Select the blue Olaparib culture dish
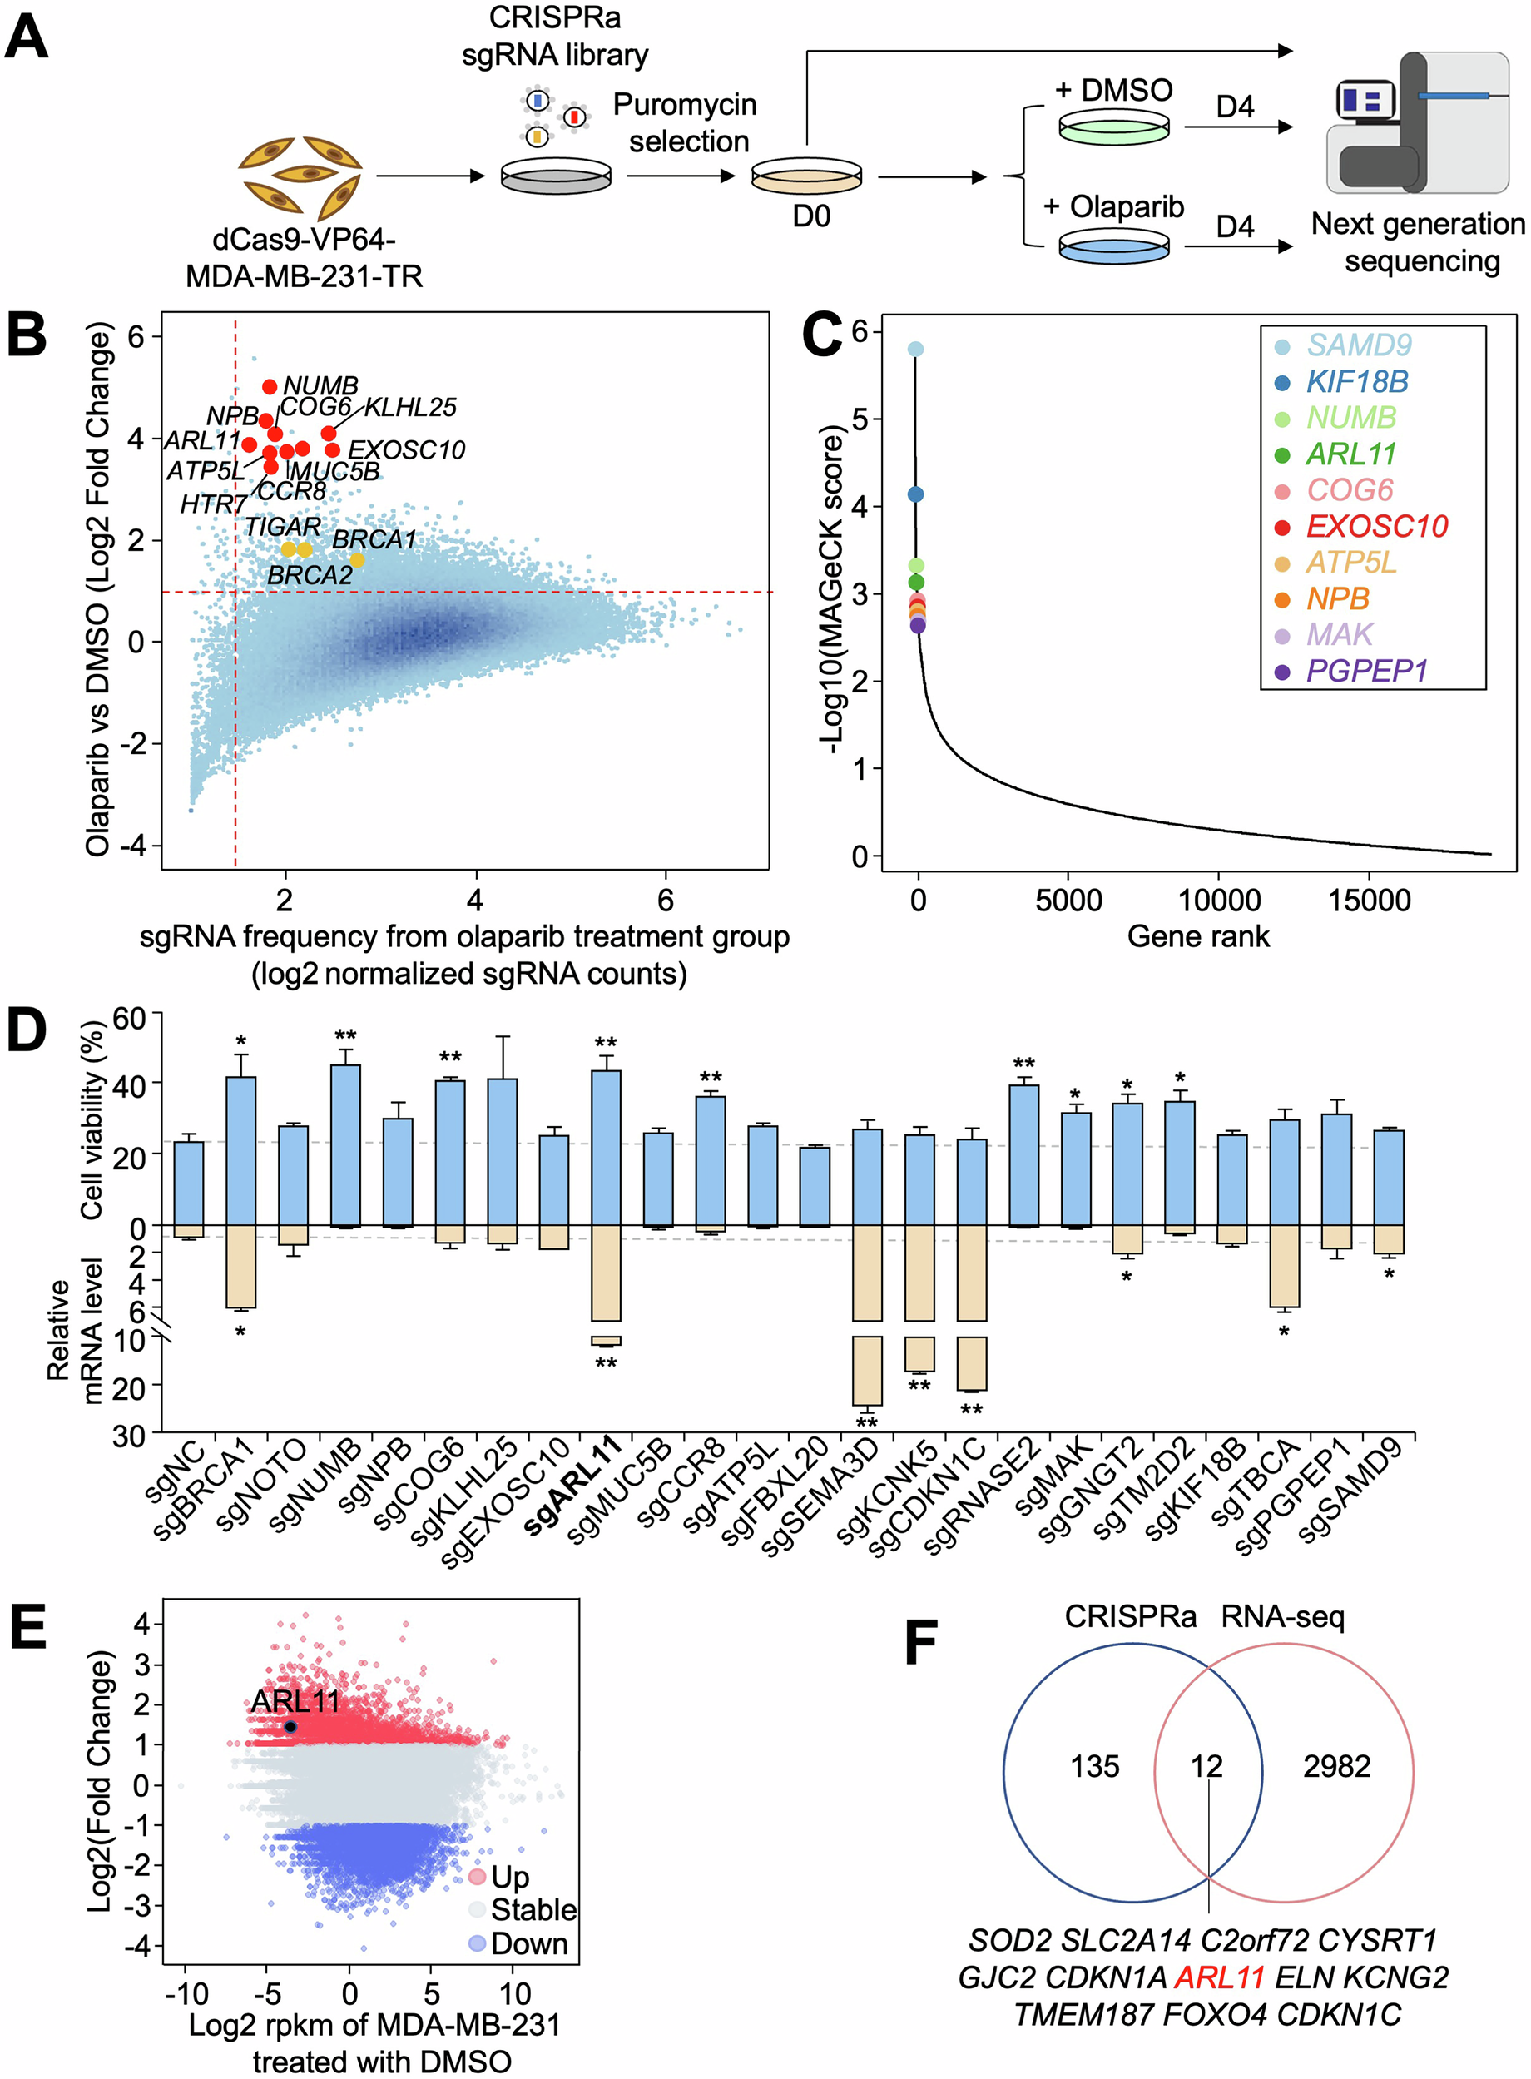[1113, 248]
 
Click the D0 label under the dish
[811, 216]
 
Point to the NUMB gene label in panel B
[320, 385]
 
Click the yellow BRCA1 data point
[357, 560]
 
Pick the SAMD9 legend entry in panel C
[1359, 345]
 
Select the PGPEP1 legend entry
[1366, 670]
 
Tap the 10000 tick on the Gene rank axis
[1218, 899]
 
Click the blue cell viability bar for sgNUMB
[345, 1144]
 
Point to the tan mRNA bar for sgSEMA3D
[866, 1316]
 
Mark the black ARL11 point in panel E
[290, 1727]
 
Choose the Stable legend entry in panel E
[533, 1909]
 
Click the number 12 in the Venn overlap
[1206, 1766]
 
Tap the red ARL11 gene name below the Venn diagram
[1220, 1977]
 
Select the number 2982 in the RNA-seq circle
[1336, 1766]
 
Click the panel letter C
[822, 335]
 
